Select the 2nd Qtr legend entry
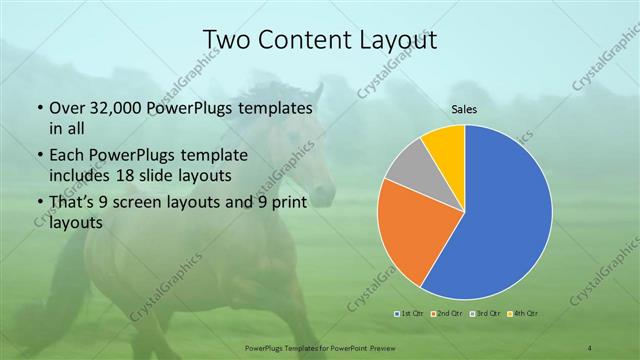447,313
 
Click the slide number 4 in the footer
590,347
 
